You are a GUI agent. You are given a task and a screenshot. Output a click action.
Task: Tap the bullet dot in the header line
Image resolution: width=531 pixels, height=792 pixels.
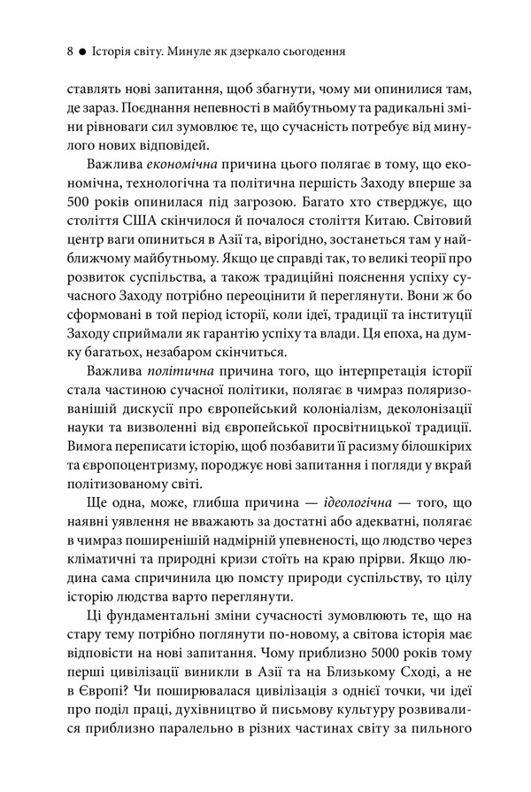(81, 52)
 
